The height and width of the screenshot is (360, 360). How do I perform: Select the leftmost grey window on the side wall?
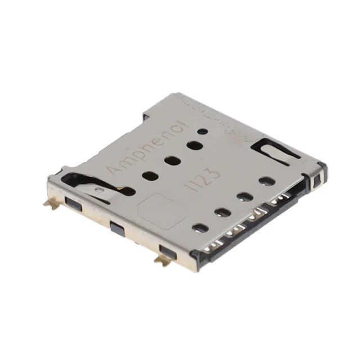coord(71,201)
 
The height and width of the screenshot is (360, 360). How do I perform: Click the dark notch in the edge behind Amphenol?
coord(145,116)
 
